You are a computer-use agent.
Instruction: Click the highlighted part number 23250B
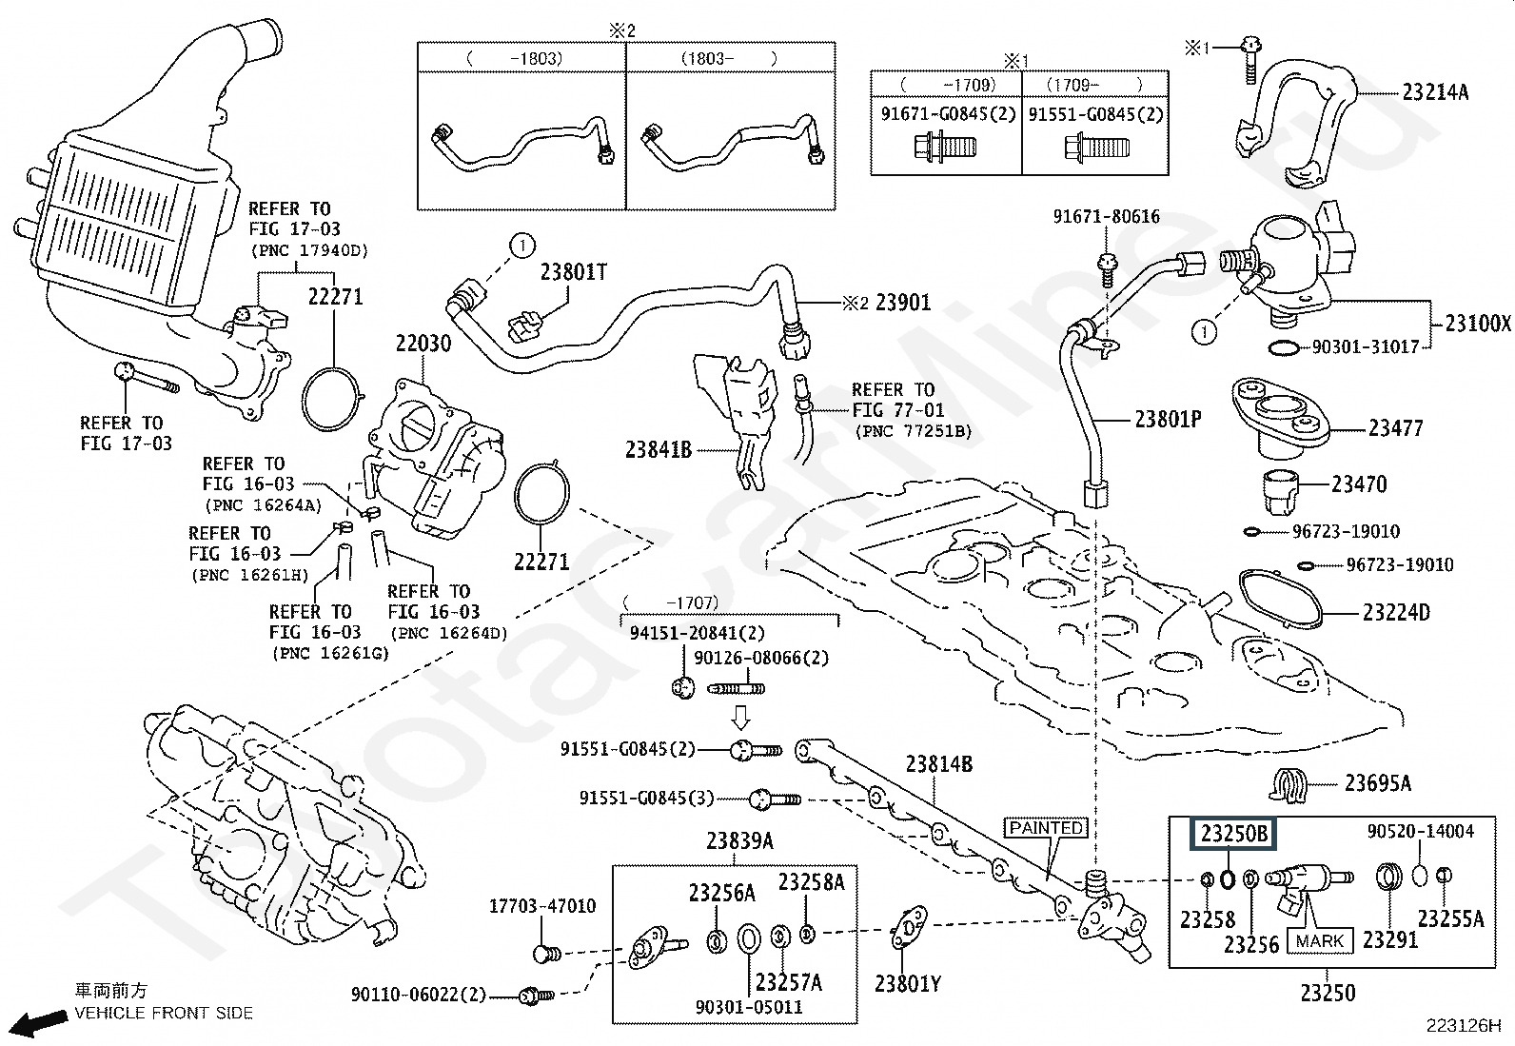1233,835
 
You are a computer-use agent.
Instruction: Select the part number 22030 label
423,344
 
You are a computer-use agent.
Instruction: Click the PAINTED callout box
1046,828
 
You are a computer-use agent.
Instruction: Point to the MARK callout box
1320,941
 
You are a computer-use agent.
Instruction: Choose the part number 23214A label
1435,92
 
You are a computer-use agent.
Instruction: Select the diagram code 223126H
1463,1026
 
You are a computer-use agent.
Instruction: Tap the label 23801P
1168,419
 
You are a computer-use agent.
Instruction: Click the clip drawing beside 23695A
1289,783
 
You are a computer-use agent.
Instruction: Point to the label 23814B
938,763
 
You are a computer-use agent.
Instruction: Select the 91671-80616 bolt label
1106,217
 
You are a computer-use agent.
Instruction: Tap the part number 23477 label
1395,428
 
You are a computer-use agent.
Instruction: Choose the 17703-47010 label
542,906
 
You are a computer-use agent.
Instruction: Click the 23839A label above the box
739,841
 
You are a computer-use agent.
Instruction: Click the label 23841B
658,449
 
